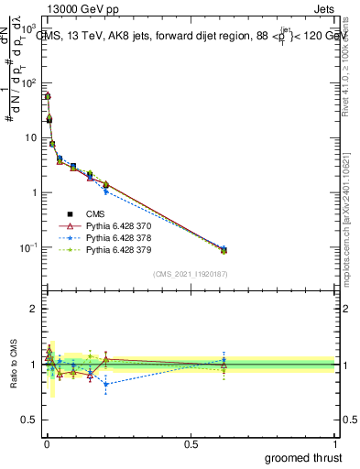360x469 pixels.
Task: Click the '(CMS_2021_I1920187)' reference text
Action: coord(190,272)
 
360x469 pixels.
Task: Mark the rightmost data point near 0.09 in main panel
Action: coord(224,249)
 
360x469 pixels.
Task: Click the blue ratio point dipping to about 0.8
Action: coord(106,385)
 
